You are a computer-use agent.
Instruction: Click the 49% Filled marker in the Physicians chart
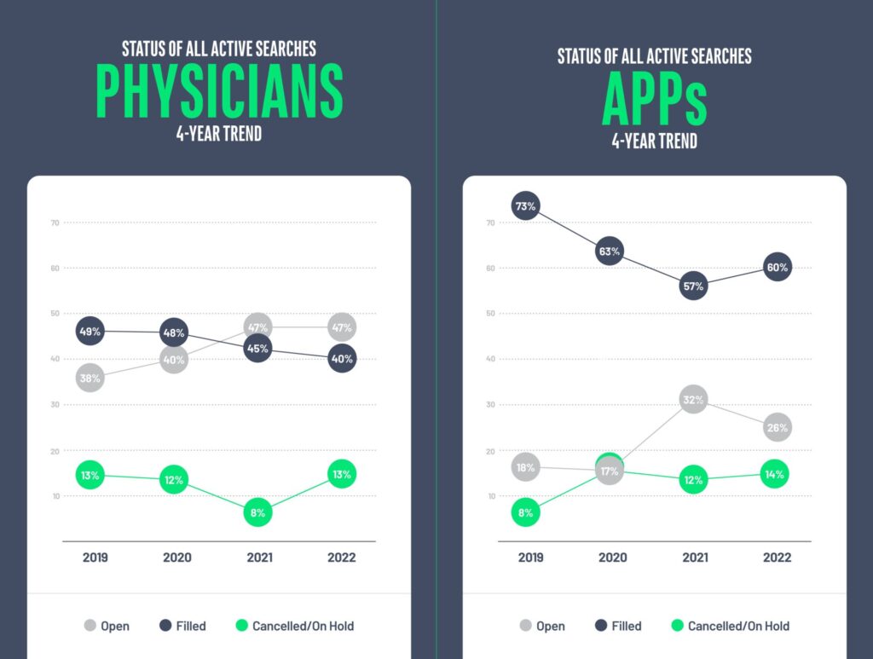tap(90, 331)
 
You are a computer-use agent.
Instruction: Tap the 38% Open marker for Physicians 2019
tap(90, 378)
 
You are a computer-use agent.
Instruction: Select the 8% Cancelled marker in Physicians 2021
tap(258, 512)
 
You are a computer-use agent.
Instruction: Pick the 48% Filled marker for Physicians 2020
tap(174, 332)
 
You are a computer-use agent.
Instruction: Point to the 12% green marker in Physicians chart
tap(174, 480)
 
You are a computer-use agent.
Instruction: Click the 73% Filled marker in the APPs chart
tap(526, 205)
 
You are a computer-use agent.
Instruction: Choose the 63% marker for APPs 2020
tap(610, 251)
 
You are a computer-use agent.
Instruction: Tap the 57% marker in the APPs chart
tap(693, 286)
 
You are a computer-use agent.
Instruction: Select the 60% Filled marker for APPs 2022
tap(777, 268)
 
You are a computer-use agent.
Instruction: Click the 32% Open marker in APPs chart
tap(693, 399)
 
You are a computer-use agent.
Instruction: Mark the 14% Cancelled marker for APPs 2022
tap(775, 474)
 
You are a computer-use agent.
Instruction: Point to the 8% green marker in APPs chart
tap(526, 512)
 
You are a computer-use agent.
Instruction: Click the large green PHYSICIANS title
tap(219, 90)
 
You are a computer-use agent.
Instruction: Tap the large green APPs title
tap(654, 99)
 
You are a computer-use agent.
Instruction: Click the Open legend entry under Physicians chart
tap(107, 626)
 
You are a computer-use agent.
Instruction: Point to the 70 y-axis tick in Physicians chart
tap(55, 223)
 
